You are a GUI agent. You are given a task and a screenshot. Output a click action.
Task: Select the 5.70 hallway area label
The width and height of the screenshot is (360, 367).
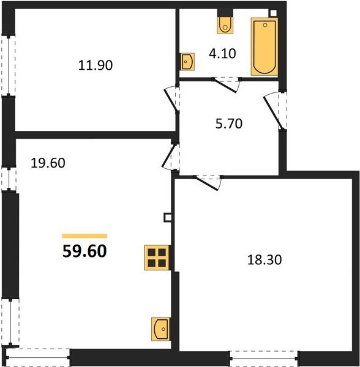click(x=230, y=124)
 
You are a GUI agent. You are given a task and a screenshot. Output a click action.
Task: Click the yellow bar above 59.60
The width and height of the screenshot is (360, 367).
click(x=84, y=235)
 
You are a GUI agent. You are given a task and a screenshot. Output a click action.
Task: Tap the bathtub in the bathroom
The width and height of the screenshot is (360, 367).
click(x=264, y=46)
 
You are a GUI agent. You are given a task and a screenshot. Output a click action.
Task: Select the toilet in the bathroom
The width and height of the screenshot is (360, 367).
click(x=225, y=23)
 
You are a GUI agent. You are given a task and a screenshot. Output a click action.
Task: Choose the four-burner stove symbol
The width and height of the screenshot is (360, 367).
click(x=157, y=257)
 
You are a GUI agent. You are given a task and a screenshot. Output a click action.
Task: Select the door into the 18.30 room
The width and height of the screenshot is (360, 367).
click(x=208, y=180)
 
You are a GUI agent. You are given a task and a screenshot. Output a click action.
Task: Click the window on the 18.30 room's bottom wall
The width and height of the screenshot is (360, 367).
click(x=264, y=355)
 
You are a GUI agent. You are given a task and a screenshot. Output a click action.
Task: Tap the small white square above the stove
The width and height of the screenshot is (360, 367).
click(x=167, y=217)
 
